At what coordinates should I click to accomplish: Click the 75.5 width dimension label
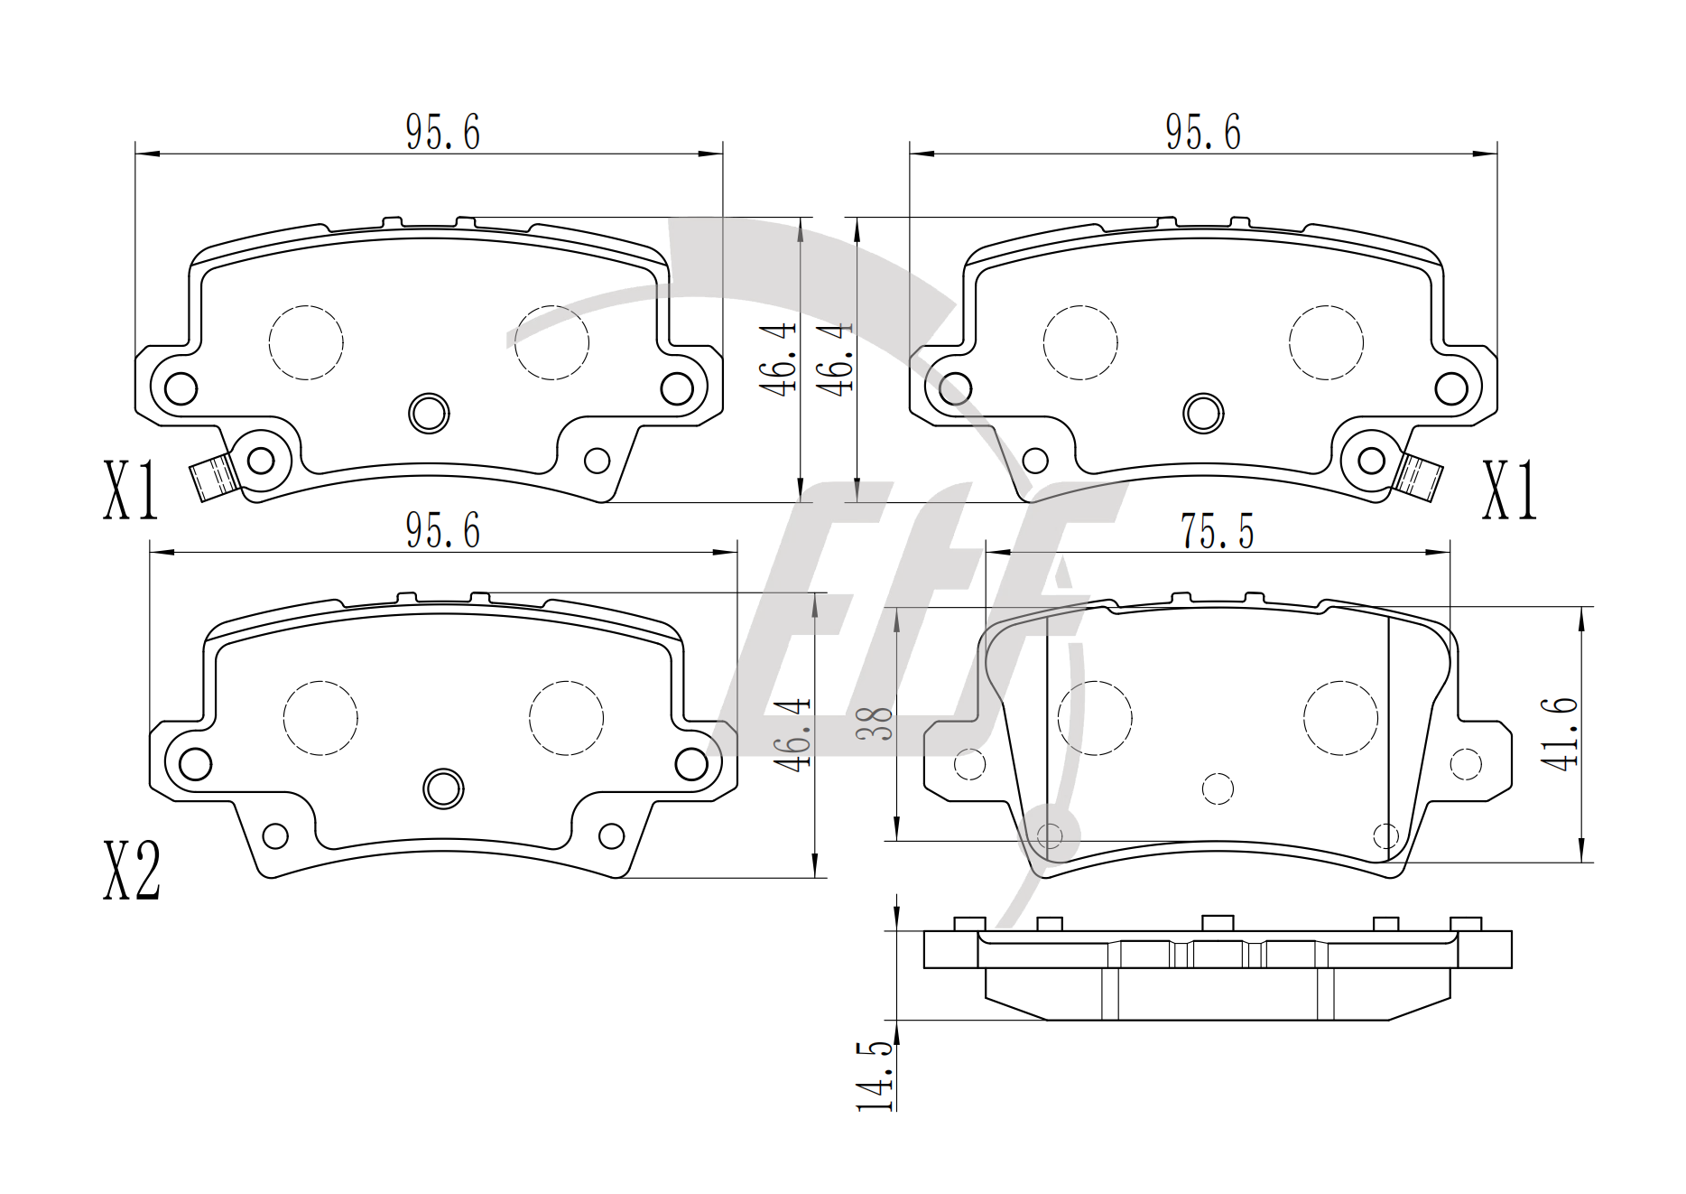[x=1218, y=532]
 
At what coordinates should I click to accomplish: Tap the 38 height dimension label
[x=875, y=723]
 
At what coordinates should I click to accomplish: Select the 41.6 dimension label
[x=1560, y=733]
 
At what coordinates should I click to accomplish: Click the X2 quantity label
[x=132, y=872]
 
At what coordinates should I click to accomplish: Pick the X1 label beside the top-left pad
[x=131, y=490]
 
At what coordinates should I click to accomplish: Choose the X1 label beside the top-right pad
[x=1509, y=490]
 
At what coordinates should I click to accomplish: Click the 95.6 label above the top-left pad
[x=442, y=133]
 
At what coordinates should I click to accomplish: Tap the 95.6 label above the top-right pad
[x=1203, y=133]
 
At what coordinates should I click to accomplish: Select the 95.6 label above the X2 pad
[x=442, y=530]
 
